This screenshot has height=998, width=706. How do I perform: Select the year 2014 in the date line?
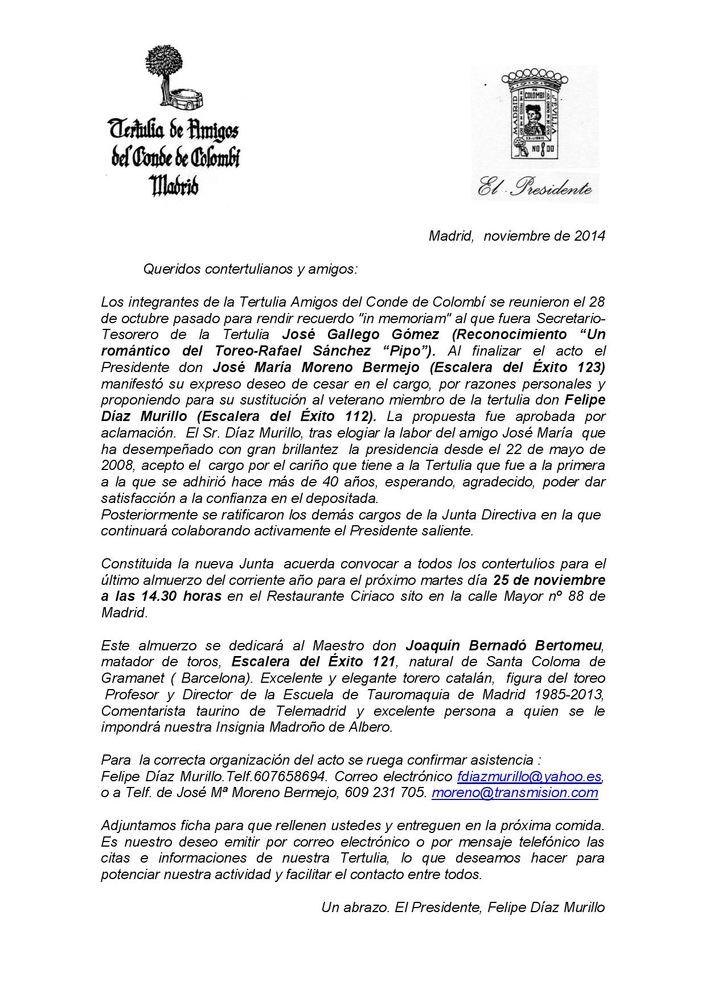click(589, 236)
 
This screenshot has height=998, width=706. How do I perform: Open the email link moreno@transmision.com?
click(515, 793)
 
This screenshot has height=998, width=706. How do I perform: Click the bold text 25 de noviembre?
click(549, 580)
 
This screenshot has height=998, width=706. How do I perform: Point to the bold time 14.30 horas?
click(178, 596)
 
